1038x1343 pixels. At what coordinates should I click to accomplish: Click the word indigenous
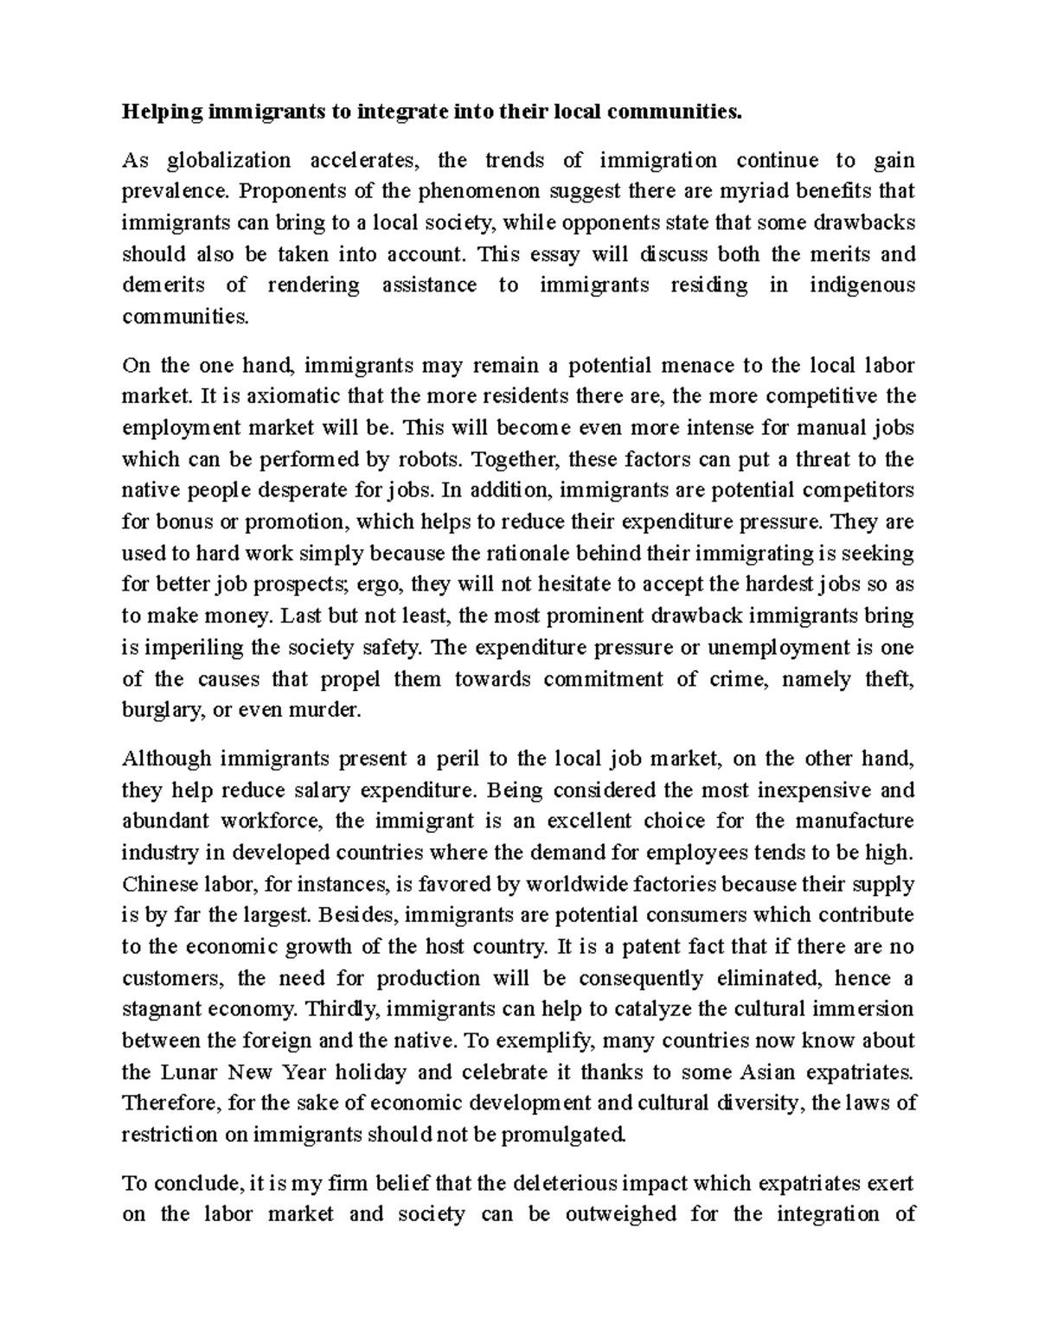(x=862, y=285)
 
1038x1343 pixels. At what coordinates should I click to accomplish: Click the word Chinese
(x=160, y=884)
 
